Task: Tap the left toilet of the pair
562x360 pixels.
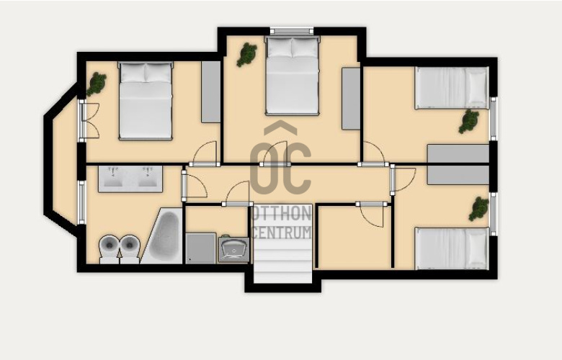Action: click(x=109, y=249)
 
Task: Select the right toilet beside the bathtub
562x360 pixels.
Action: click(x=129, y=249)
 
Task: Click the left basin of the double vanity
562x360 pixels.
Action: click(x=114, y=177)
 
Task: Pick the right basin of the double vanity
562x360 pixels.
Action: click(x=147, y=177)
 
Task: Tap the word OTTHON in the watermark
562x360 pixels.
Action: click(x=282, y=214)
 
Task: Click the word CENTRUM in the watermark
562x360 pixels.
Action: click(x=282, y=232)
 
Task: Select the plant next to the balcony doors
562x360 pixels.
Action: click(x=96, y=84)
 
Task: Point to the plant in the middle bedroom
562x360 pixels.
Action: click(x=247, y=55)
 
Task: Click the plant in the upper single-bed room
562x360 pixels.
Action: click(x=469, y=122)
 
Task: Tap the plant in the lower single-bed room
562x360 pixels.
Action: click(x=479, y=209)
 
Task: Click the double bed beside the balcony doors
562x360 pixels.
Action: click(x=146, y=101)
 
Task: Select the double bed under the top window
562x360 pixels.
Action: click(x=292, y=75)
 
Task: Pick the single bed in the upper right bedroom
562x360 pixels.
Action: click(x=452, y=88)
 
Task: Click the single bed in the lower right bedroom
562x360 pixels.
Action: click(x=452, y=248)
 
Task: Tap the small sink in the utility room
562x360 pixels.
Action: click(x=233, y=249)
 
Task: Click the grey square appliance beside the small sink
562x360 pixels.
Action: click(x=201, y=248)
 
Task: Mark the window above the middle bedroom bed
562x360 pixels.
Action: click(x=292, y=31)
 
